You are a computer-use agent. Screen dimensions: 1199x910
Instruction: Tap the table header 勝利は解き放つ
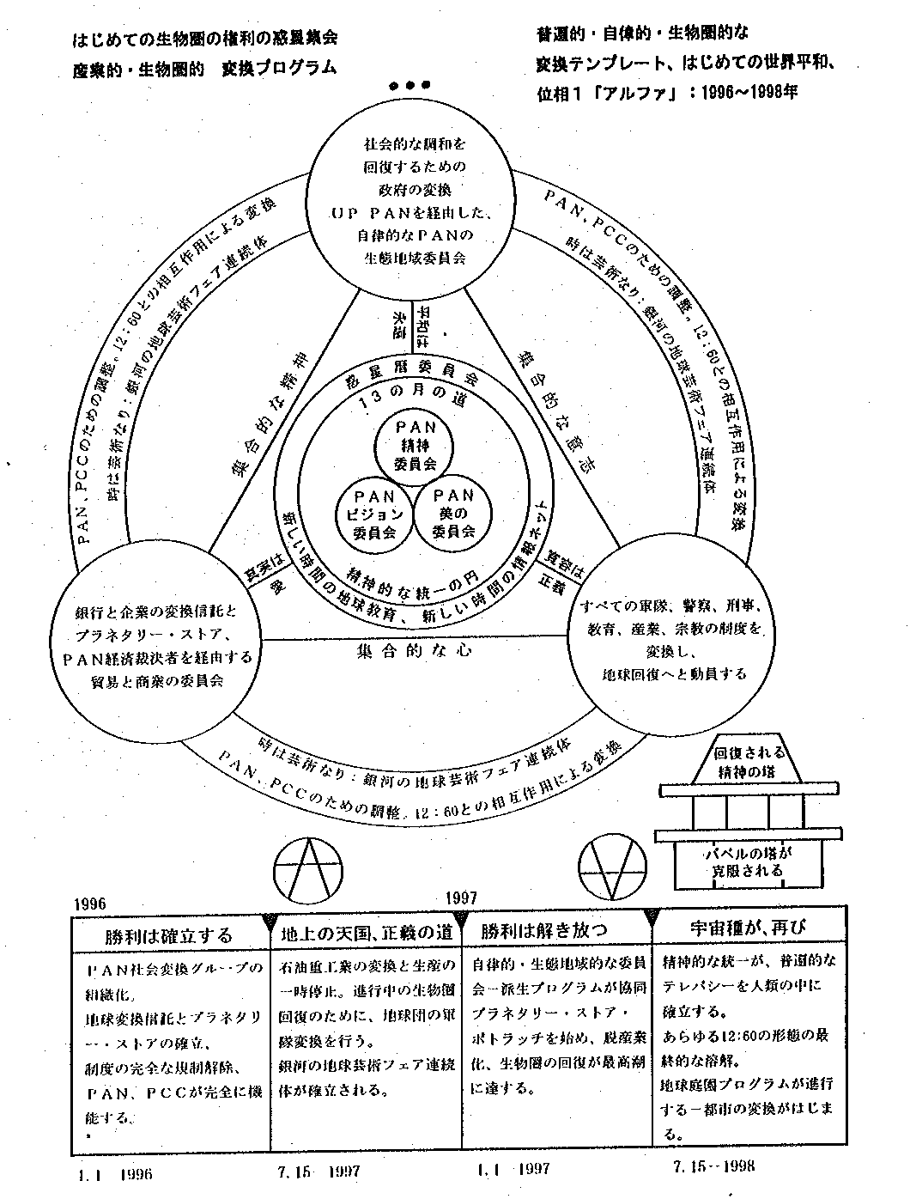(x=544, y=931)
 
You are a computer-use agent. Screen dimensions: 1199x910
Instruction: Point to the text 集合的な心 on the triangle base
(x=414, y=650)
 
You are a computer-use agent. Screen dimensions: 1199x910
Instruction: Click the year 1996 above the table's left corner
(x=90, y=904)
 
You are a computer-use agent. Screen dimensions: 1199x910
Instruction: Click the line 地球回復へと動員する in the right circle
(x=674, y=673)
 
